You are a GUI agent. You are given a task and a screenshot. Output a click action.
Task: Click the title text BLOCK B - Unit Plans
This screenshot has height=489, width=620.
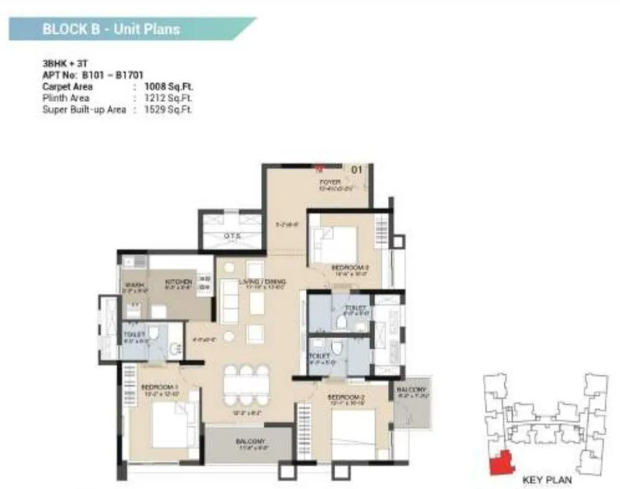[x=110, y=29]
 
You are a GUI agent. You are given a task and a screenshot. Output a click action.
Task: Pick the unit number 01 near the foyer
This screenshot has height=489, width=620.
[x=357, y=169]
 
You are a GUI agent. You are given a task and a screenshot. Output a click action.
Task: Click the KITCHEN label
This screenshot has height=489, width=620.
[x=176, y=282]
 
